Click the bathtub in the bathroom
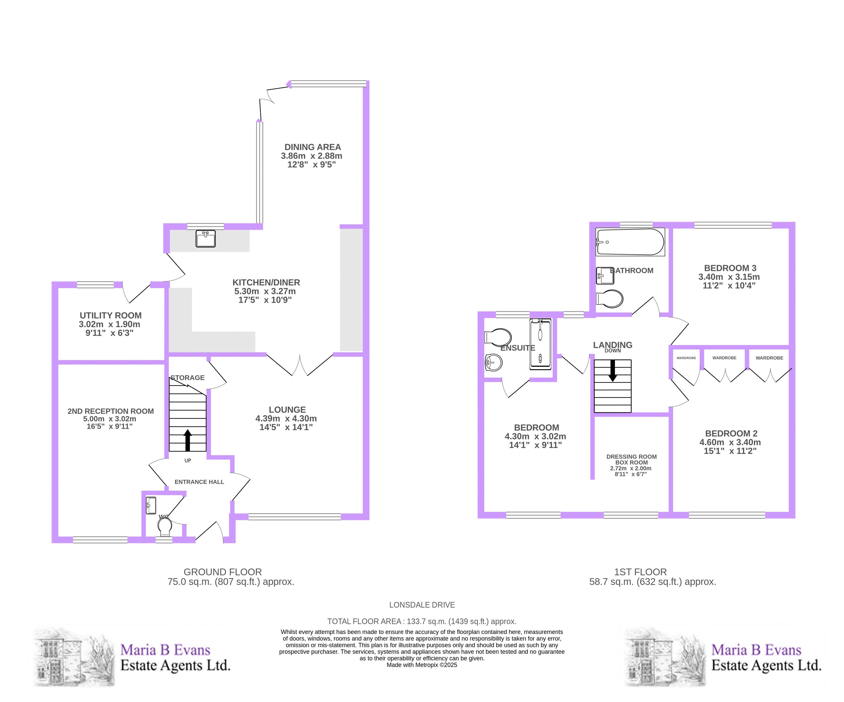(x=630, y=242)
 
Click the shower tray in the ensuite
(x=541, y=344)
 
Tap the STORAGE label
(x=188, y=377)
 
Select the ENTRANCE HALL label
(x=199, y=482)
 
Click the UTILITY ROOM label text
(x=110, y=315)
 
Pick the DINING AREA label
(x=313, y=147)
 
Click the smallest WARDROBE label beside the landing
(x=686, y=358)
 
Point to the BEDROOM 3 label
(x=730, y=268)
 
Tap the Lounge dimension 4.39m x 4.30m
(x=286, y=418)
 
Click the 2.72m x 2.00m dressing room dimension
(x=631, y=468)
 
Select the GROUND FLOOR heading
(x=223, y=572)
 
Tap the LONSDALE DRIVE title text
(x=422, y=605)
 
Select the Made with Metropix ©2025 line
(x=422, y=665)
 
